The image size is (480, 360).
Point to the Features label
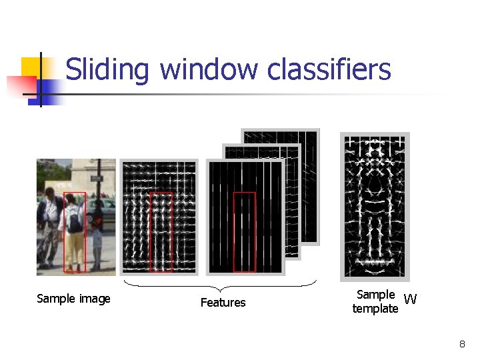(223, 303)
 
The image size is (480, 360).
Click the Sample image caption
(73, 299)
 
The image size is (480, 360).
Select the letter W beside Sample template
(410, 299)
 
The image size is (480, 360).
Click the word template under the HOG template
(375, 309)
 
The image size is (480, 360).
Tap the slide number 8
(462, 344)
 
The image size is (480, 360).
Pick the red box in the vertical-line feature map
(245, 232)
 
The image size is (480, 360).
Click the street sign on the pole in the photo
(96, 178)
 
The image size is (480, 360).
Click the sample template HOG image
(375, 207)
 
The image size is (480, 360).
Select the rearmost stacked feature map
(307, 143)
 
